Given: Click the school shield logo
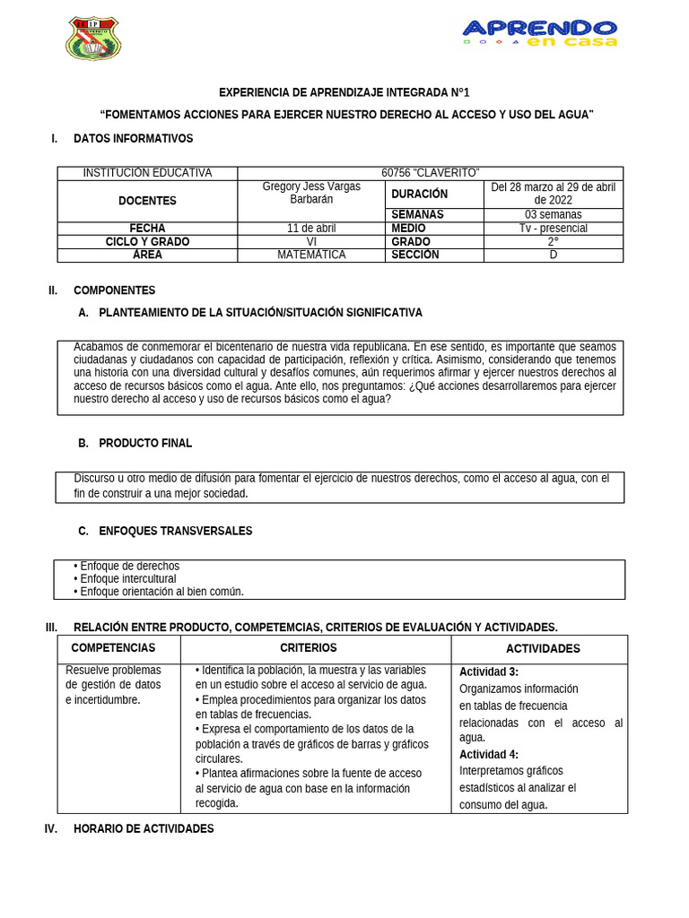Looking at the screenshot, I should (92, 39).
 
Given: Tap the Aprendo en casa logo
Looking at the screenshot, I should (540, 33).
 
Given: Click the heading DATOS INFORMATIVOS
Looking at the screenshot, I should (133, 139).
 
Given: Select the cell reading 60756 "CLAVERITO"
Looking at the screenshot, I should (430, 173).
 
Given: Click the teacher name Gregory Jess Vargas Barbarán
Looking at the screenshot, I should (311, 193).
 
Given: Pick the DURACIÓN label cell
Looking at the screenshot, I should (419, 194).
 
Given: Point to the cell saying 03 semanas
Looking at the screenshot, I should (553, 214).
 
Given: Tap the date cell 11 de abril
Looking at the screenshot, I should (311, 228).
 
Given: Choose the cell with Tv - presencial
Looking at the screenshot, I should (553, 228).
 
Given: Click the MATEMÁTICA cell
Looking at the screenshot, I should (311, 255).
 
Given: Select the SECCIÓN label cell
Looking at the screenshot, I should (415, 255).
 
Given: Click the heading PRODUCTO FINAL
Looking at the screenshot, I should (145, 443).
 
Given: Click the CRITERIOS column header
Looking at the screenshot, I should (309, 648).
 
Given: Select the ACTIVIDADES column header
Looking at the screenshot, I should (543, 649).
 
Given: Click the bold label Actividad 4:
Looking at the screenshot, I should (489, 755).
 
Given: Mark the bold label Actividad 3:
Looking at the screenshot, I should (489, 672).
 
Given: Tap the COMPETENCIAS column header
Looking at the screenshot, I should (113, 648).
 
